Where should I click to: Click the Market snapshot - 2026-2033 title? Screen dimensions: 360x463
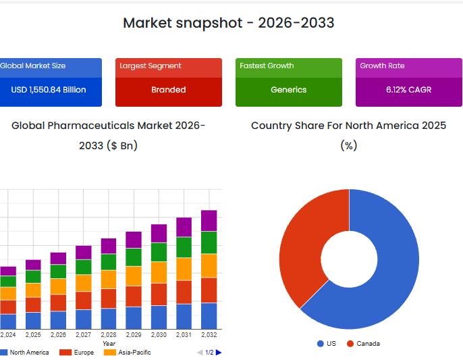228,23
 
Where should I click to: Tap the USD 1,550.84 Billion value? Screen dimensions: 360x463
49,90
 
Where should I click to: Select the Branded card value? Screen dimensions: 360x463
168,90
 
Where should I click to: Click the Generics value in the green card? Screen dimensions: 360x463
288,90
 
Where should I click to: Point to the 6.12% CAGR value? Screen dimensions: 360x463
408,90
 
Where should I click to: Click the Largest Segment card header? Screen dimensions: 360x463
151,66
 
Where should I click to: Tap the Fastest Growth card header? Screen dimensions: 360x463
267,66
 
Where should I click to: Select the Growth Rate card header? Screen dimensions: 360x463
382,66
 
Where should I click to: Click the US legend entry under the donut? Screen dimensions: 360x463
327,344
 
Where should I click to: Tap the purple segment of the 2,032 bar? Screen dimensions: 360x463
209,220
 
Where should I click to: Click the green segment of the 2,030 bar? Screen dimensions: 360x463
159,252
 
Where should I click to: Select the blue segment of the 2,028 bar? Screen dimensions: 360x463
109,318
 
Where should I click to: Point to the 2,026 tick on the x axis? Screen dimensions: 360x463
58,335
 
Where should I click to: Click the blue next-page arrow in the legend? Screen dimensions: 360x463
219,353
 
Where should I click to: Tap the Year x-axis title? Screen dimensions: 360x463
109,344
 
